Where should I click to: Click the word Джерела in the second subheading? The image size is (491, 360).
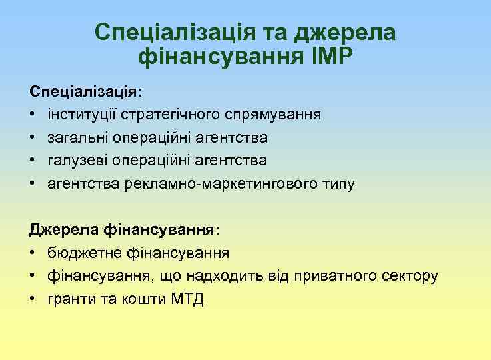[x=64, y=230]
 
